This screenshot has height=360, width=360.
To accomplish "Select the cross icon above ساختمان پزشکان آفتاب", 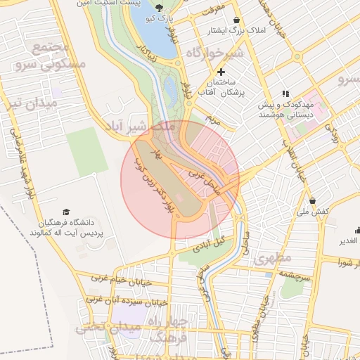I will point(221,72).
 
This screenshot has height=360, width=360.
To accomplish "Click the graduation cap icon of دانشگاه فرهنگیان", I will point(66,212).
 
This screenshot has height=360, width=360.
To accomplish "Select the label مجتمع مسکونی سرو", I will point(51,56).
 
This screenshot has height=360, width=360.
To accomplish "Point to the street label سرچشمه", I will point(294,277).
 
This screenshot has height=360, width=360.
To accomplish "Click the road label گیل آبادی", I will point(208,244).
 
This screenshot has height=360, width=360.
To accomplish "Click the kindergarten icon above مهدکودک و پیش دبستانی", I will point(285,93).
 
